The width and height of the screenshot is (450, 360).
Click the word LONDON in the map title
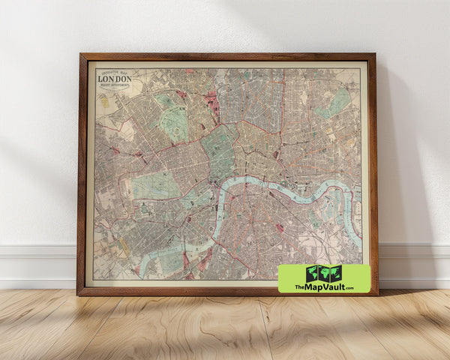coord(114,79)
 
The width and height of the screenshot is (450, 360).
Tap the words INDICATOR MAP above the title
coord(114,72)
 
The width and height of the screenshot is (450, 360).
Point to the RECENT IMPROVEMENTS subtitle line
coord(114,85)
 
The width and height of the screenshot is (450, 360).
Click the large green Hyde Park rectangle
coord(156,186)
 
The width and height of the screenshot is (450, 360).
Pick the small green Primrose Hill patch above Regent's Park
coord(165,99)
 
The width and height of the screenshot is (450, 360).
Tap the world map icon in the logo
coord(324,273)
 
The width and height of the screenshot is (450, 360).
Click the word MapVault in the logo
coord(322,286)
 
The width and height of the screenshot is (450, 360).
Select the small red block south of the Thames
coord(279,227)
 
